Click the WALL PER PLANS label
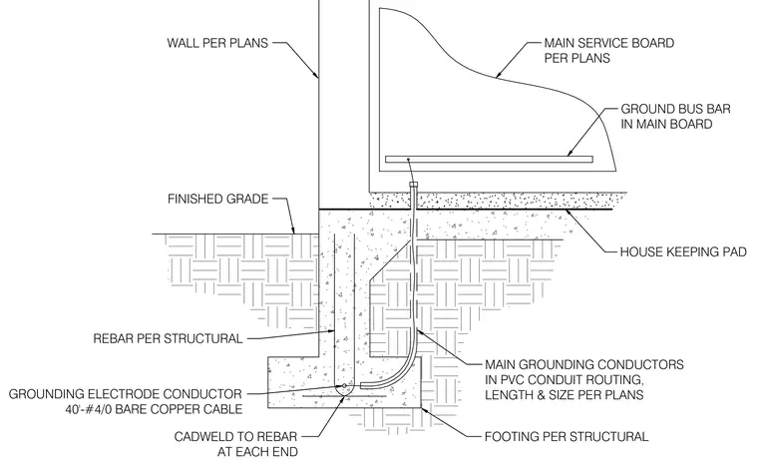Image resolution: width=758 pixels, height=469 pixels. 217,43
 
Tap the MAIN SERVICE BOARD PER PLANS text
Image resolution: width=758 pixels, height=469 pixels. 609,50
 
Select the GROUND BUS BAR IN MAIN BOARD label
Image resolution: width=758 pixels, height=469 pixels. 675,117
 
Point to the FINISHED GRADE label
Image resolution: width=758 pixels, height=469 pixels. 217,199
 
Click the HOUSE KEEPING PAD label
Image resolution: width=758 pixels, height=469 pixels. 683,251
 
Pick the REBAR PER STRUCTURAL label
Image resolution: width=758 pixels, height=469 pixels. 168,338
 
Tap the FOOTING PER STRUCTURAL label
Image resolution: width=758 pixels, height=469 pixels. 567,437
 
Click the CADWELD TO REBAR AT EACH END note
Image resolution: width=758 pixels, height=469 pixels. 236,444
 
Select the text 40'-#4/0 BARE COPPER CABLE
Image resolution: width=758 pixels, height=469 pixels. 154,409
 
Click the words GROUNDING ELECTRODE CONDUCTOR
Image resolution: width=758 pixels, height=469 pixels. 126,394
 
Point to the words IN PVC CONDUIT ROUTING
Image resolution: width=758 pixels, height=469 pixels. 564,379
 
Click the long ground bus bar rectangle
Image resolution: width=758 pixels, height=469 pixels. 489,159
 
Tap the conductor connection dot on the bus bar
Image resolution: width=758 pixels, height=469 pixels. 408,159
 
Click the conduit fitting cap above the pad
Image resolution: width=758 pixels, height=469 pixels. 413,185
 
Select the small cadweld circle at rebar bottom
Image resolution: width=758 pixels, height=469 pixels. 344,385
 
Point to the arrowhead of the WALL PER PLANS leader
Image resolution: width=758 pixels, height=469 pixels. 316,75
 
